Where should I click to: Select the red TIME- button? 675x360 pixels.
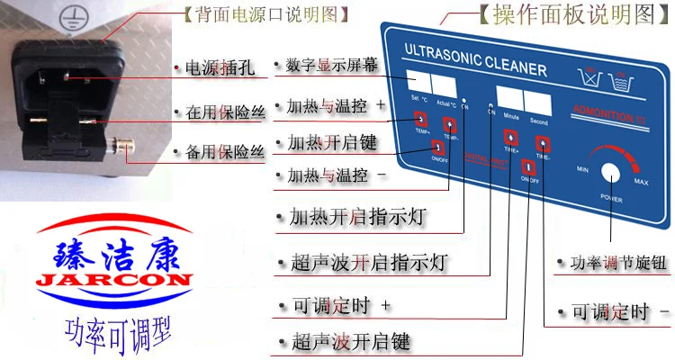pos(543,143)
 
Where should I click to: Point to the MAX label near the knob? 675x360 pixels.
pos(641,182)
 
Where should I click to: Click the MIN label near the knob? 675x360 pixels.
pos(583,169)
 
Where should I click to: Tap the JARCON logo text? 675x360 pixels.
pos(113,278)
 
